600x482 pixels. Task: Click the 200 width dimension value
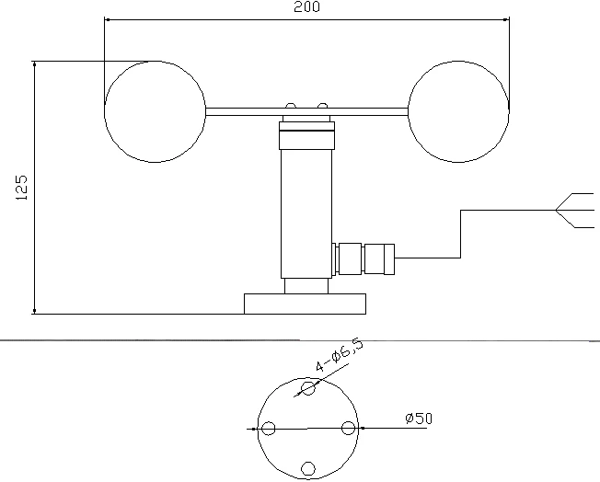pyautogui.click(x=306, y=6)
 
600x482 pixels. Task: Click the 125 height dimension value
pyautogui.click(x=21, y=188)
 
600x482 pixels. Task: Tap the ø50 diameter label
pyautogui.click(x=419, y=419)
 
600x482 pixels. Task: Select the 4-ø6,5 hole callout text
pyautogui.click(x=339, y=354)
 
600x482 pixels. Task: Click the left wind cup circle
pyautogui.click(x=105, y=111)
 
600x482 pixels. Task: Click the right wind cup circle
pyautogui.click(x=408, y=111)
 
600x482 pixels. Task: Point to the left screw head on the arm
pyautogui.click(x=291, y=106)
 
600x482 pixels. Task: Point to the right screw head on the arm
pyautogui.click(x=323, y=106)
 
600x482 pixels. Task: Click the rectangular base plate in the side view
pyautogui.click(x=305, y=304)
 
